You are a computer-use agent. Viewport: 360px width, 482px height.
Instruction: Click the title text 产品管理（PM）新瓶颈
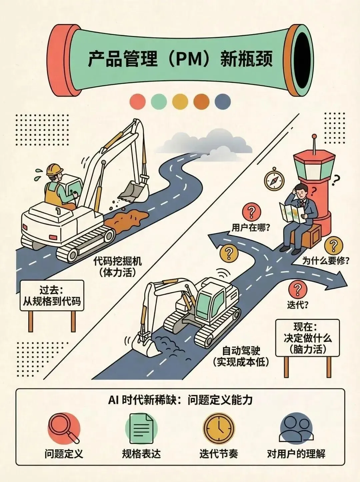tap(180, 59)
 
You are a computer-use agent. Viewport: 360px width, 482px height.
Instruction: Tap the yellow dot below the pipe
tap(180, 102)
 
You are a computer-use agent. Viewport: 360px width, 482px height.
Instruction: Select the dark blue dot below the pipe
tap(223, 102)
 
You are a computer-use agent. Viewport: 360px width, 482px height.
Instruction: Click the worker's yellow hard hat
tap(54, 169)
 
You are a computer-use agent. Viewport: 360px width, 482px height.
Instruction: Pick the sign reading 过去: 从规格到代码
tap(52, 296)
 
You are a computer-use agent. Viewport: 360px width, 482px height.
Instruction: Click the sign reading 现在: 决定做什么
tap(308, 338)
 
